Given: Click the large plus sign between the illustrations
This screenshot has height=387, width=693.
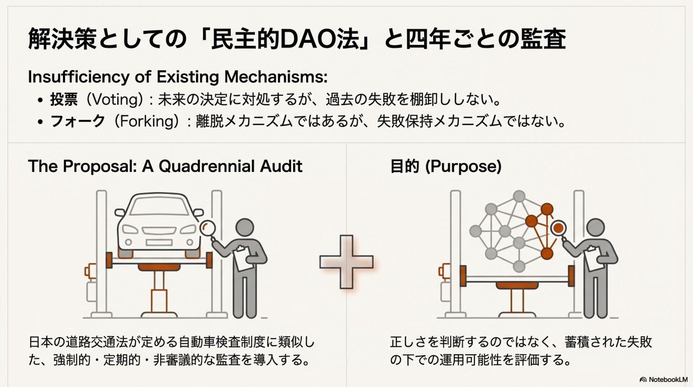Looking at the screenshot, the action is tap(346, 262).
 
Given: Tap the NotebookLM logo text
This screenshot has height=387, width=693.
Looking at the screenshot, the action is tap(668, 379).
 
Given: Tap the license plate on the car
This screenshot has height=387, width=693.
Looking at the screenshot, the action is tap(158, 242).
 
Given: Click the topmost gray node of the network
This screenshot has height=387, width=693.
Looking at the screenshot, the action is tap(519, 197).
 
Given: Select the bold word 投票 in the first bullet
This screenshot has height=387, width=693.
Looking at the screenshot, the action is tap(64, 99).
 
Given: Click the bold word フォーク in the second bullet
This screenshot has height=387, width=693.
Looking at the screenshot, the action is tap(78, 121).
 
